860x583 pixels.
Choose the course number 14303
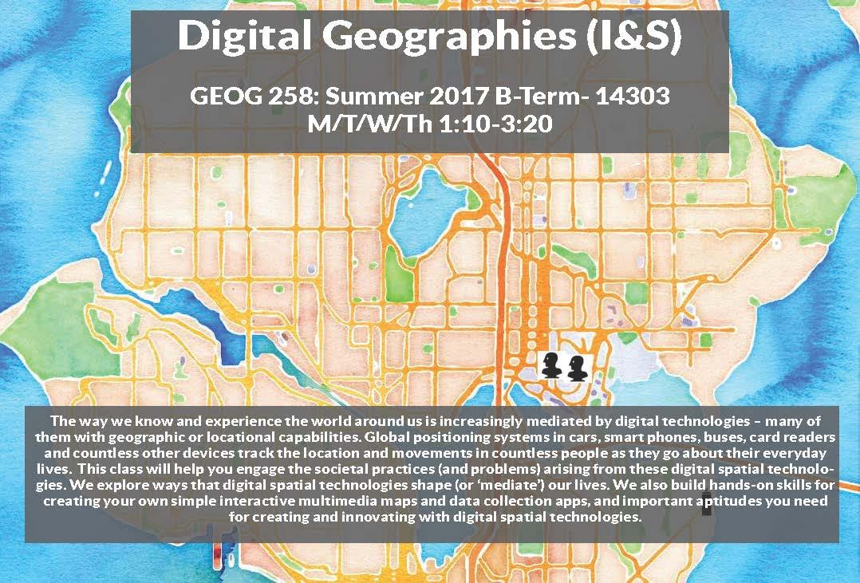630,99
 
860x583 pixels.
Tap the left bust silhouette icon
551,366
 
